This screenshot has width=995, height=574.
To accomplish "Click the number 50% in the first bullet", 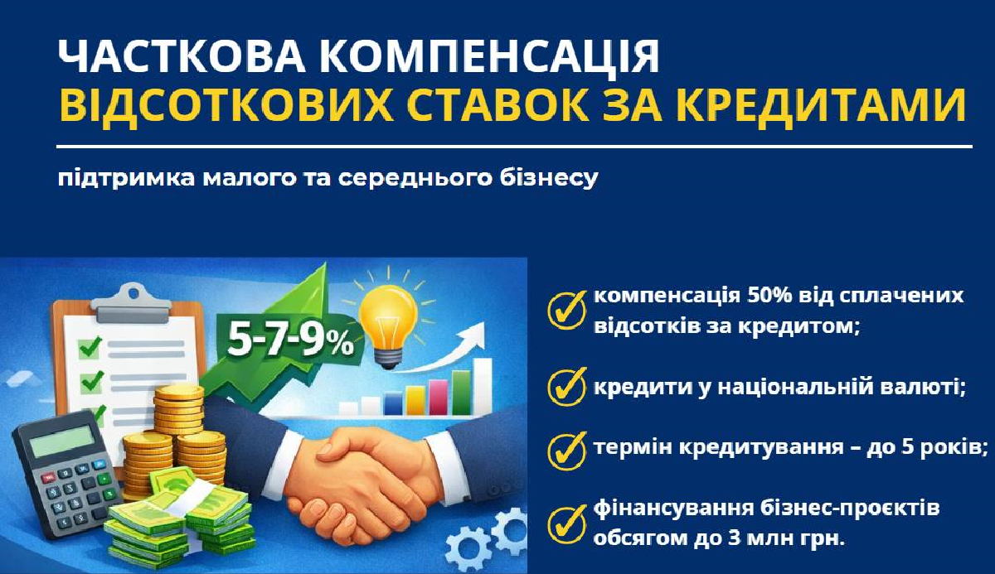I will [x=770, y=297].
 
